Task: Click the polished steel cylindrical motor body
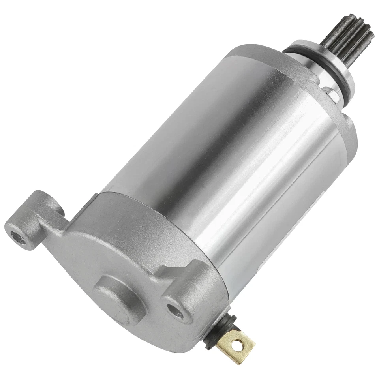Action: [x=221, y=158]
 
